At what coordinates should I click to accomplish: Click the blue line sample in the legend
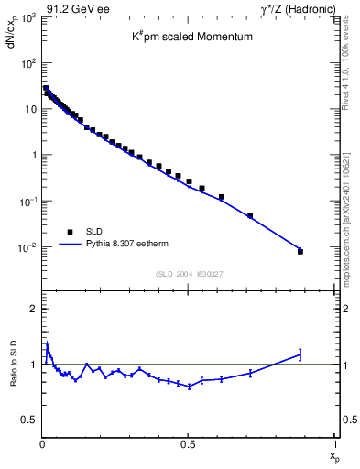[70, 245]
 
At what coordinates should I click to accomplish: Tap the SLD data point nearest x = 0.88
[300, 251]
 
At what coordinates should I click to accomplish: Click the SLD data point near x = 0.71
[250, 215]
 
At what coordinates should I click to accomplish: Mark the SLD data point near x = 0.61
[221, 197]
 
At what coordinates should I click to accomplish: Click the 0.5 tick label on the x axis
[188, 443]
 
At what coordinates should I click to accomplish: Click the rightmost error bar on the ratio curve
[300, 354]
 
